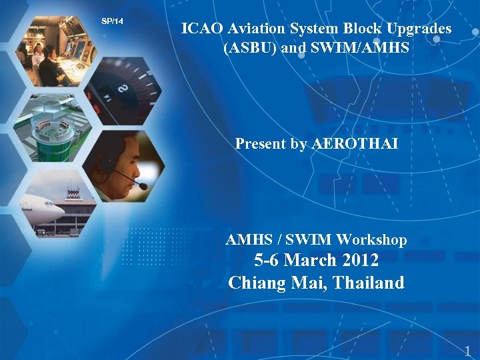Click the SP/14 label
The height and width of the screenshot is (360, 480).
click(112, 21)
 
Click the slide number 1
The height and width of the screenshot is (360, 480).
click(467, 351)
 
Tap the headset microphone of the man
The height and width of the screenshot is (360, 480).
click(141, 185)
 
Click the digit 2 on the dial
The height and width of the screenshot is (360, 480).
click(123, 88)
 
